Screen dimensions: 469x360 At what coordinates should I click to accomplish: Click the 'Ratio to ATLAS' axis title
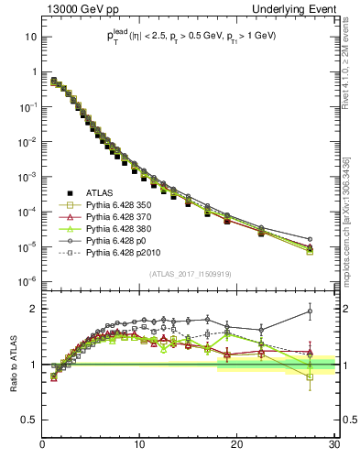tap(13, 363)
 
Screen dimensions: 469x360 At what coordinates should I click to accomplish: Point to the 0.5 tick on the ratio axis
tap(30, 420)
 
